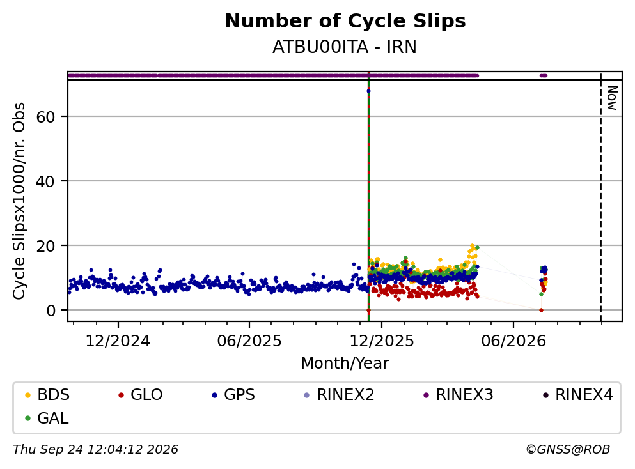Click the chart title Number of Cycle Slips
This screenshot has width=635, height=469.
coord(345,21)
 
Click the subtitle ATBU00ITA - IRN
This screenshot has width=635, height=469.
coord(345,47)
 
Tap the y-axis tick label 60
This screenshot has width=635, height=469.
coord(45,117)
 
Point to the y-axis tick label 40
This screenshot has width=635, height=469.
coord(45,181)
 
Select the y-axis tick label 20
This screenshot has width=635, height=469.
coord(45,245)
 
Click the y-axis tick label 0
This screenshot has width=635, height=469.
coord(51,311)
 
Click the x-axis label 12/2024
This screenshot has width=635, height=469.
coord(118,341)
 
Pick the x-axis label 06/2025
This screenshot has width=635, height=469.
coord(249,341)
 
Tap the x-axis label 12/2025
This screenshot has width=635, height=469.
coord(382,341)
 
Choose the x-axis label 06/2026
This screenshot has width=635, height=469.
coord(513,341)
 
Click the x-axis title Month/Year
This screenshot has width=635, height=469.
coord(345,364)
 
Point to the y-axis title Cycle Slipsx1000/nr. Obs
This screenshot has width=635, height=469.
coord(19,201)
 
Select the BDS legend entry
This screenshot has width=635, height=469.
coord(47,394)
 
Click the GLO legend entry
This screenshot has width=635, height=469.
coord(141,394)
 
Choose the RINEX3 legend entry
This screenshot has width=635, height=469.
coord(458,394)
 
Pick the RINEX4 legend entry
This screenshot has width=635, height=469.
coord(578,394)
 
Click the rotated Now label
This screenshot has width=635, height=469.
coord(612,98)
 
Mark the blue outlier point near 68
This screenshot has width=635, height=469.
coord(368,91)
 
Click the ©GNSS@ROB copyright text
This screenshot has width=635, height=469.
coord(568,449)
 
